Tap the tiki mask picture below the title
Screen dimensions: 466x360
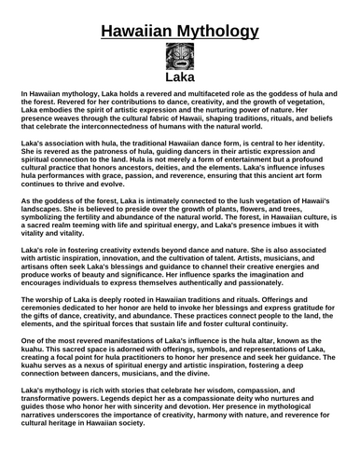click(x=179, y=65)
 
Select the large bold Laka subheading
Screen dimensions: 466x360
click(x=179, y=89)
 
